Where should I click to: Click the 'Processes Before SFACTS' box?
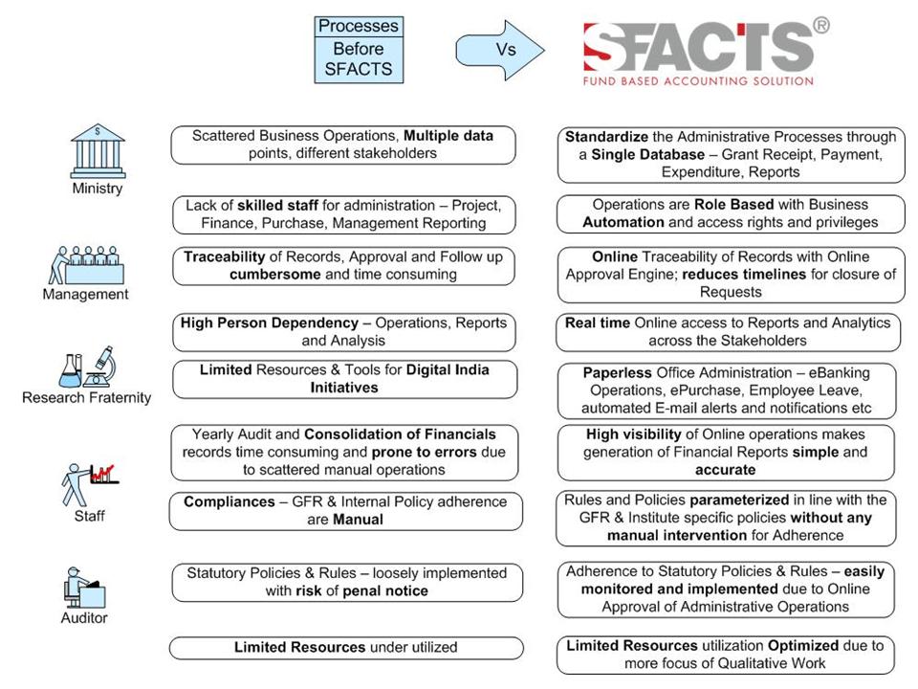pos(359,49)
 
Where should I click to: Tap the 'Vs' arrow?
pos(497,49)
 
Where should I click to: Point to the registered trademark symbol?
pos(820,26)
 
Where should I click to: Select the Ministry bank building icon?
pos(98,149)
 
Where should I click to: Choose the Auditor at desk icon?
pos(84,586)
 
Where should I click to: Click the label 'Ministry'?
pos(98,189)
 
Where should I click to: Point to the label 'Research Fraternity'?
pos(86,397)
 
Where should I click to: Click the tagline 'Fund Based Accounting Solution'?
pos(698,81)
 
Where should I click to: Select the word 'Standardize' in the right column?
pos(607,137)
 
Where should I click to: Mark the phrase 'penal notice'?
pos(383,590)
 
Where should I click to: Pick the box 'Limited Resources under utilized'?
pos(346,648)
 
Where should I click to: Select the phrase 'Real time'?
pos(597,322)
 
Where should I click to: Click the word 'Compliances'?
pos(228,501)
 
